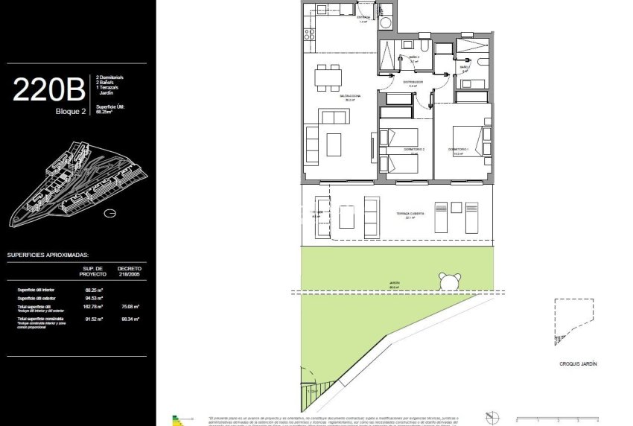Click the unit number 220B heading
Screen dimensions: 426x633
point(48,90)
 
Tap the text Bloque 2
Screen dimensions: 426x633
point(71,111)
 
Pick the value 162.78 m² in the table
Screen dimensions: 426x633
point(93,306)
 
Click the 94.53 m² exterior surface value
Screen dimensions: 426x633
point(93,297)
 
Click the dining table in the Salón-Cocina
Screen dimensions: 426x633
point(328,77)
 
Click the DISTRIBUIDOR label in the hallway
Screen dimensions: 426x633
point(413,82)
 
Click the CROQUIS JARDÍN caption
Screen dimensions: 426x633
point(579,364)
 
